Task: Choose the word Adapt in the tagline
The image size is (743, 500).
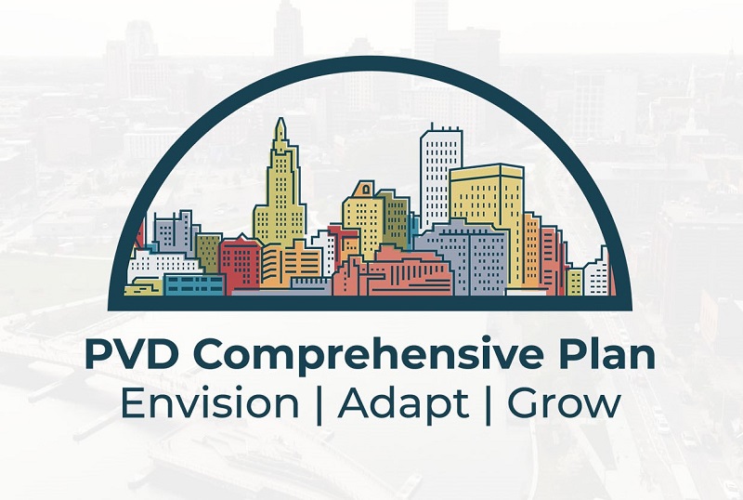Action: [403, 406]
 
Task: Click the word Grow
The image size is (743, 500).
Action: [564, 403]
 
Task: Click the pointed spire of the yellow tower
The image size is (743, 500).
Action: [281, 125]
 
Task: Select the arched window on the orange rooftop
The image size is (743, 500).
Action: [366, 190]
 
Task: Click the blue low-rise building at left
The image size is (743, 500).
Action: [194, 284]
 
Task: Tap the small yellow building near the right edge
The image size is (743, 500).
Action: [575, 282]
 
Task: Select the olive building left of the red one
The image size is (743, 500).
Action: [208, 253]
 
